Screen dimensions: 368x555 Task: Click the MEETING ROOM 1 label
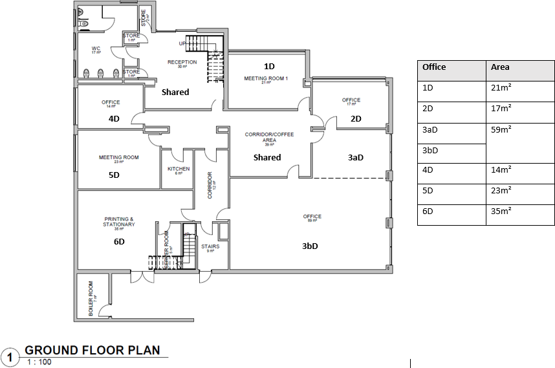tap(265, 78)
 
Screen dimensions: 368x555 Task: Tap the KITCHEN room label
tap(179, 169)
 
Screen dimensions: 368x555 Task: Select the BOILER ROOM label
tap(91, 299)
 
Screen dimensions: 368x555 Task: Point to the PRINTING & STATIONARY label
tap(119, 222)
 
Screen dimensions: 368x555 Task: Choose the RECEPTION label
tap(182, 62)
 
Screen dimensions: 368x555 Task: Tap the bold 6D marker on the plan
tap(119, 241)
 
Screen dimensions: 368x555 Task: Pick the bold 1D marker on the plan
tap(270, 66)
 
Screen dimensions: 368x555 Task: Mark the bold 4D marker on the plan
tap(114, 119)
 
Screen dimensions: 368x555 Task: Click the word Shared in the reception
tap(175, 92)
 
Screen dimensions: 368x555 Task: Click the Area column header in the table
tap(500, 67)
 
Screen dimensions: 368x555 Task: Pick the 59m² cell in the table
tap(501, 129)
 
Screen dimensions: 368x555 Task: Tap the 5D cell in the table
tap(428, 191)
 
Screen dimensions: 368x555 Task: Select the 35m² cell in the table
tap(501, 211)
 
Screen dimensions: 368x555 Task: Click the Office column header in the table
tap(434, 67)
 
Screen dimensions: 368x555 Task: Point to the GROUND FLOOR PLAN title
tap(92, 351)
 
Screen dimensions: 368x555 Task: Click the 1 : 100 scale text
tap(39, 362)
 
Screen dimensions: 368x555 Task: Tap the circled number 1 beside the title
tap(10, 356)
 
